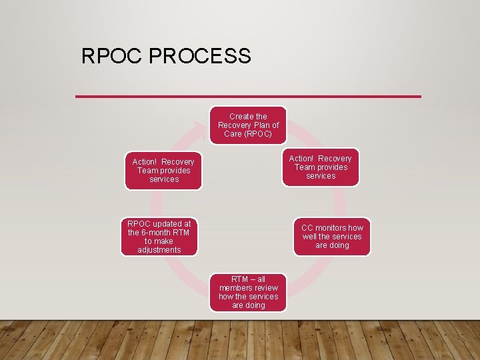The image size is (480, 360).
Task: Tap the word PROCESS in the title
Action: [201, 56]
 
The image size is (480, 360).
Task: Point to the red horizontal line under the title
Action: [248, 97]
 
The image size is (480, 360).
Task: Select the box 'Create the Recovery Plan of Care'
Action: [248, 125]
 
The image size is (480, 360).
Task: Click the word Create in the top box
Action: [237, 117]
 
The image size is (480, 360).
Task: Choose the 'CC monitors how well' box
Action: [332, 237]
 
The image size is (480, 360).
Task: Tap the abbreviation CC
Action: [307, 228]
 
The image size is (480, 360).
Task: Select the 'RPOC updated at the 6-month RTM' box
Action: [159, 237]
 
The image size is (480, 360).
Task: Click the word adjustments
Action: [159, 250]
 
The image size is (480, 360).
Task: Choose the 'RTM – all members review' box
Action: [248, 292]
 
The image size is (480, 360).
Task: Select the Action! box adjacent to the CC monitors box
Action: [320, 167]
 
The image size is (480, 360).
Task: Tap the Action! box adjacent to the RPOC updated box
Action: [163, 171]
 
